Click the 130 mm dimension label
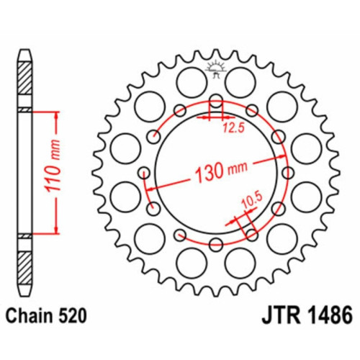coord(221,171)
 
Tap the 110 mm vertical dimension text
coord(53,166)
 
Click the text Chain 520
coord(46,315)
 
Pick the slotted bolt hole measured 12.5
coord(216,102)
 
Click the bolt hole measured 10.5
coord(251,235)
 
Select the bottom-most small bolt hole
coord(216,245)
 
